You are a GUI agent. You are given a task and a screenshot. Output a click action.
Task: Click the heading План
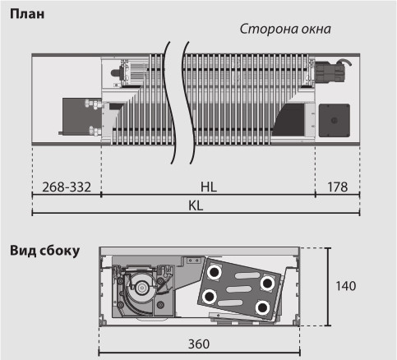27,14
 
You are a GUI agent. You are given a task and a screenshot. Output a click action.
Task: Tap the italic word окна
316,30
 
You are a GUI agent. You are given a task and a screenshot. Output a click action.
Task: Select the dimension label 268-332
67,187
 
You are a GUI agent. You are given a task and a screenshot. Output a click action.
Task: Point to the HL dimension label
209,187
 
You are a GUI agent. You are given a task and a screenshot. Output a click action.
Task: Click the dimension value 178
338,187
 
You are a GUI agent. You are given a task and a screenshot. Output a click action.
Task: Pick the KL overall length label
196,205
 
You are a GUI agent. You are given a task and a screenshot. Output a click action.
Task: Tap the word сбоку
60,251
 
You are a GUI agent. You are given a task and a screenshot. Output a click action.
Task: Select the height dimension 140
346,286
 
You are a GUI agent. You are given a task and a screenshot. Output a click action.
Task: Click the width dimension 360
199,344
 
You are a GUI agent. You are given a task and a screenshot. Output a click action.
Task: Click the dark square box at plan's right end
335,120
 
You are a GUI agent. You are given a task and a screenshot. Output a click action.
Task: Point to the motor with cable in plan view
332,71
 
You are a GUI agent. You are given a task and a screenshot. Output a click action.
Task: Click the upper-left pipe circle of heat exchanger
214,272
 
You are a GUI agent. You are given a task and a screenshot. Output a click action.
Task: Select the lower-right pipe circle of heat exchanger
262,307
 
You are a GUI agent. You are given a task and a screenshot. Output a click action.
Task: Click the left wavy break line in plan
169,103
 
